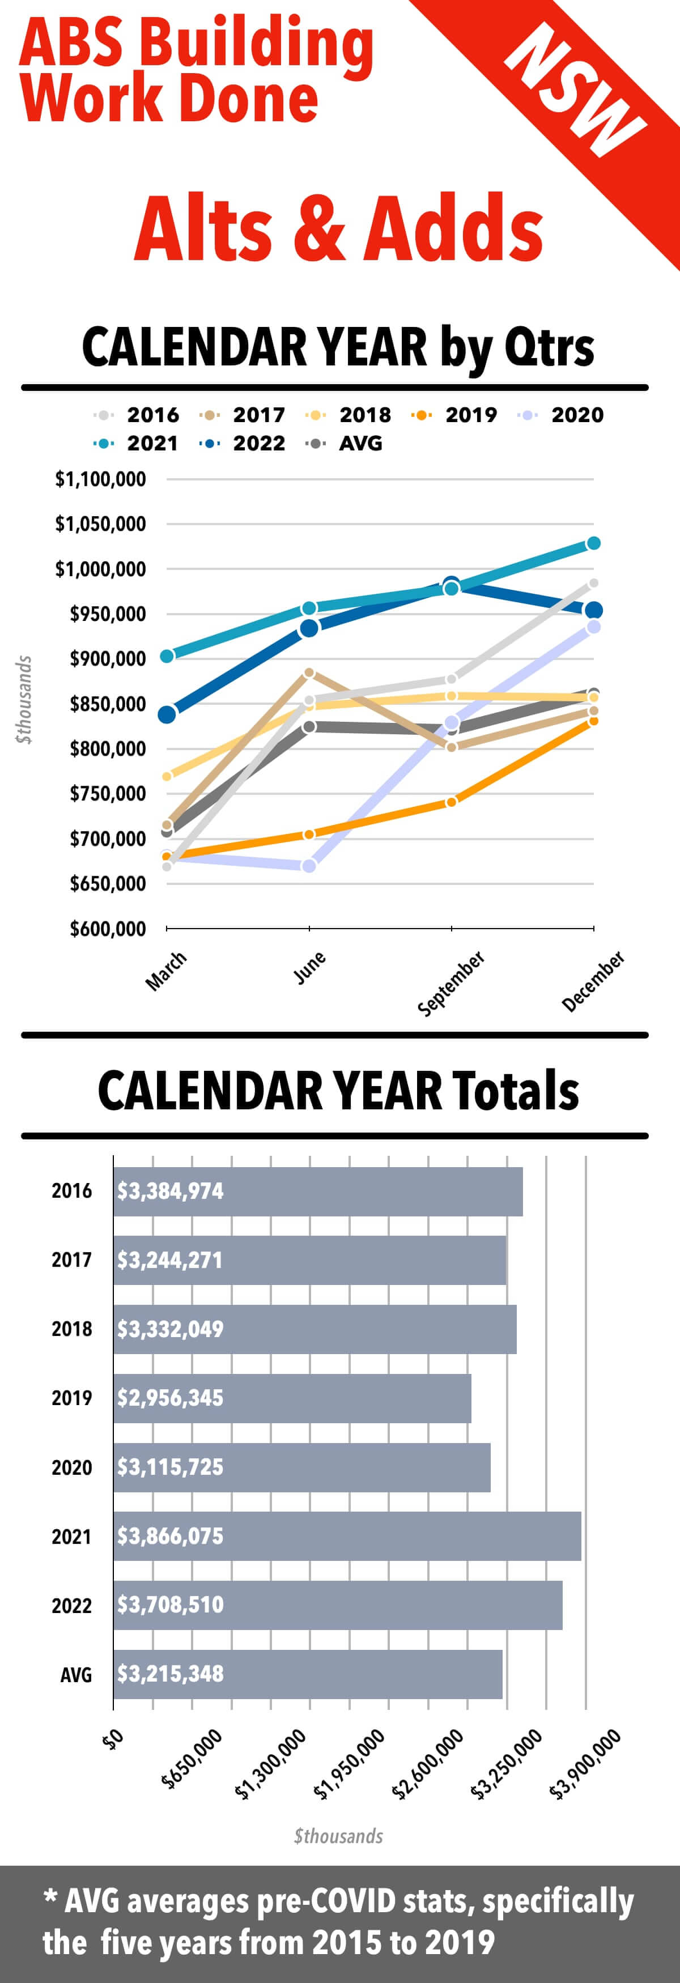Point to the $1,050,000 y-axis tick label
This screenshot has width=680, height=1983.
tap(100, 524)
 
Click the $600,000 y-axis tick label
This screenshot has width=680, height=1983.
tap(107, 929)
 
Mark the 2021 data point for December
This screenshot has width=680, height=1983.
tap(593, 543)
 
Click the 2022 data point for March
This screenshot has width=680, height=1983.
tap(167, 714)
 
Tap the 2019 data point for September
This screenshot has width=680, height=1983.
tap(451, 802)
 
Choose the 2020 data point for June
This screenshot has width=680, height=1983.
tap(309, 866)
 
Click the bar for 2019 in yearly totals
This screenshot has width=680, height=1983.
tap(292, 1398)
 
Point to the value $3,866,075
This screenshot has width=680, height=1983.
tap(170, 1536)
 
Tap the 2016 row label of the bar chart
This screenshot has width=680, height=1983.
tap(71, 1191)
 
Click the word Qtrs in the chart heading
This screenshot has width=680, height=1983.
tap(549, 347)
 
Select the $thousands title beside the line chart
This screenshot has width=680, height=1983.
tap(24, 699)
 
